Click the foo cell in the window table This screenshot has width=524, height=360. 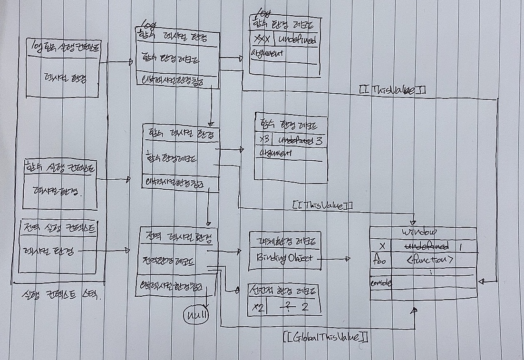click(379, 260)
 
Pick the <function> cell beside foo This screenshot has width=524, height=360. click(429, 260)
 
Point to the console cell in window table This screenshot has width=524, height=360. click(380, 283)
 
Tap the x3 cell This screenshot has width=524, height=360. click(264, 141)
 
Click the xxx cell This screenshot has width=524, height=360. click(261, 39)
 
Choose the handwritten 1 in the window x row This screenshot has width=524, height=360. click(461, 246)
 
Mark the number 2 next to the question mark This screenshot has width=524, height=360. click(305, 307)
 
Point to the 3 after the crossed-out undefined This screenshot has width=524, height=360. click(319, 141)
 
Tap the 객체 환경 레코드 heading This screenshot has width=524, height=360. click(284, 241)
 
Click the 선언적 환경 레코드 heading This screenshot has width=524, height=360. click(284, 291)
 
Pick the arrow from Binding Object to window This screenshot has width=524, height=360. click(336, 259)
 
